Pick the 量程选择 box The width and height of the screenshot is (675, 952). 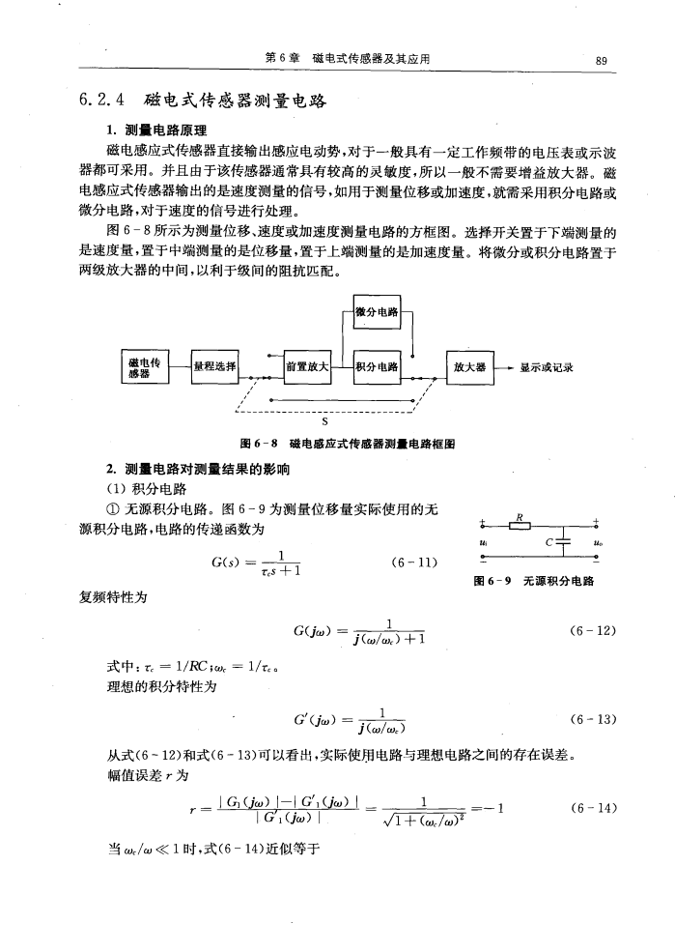click(217, 366)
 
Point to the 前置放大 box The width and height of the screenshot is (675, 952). click(308, 366)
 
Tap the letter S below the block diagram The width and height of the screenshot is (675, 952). click(324, 421)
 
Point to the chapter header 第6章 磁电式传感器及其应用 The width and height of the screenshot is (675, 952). click(347, 61)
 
